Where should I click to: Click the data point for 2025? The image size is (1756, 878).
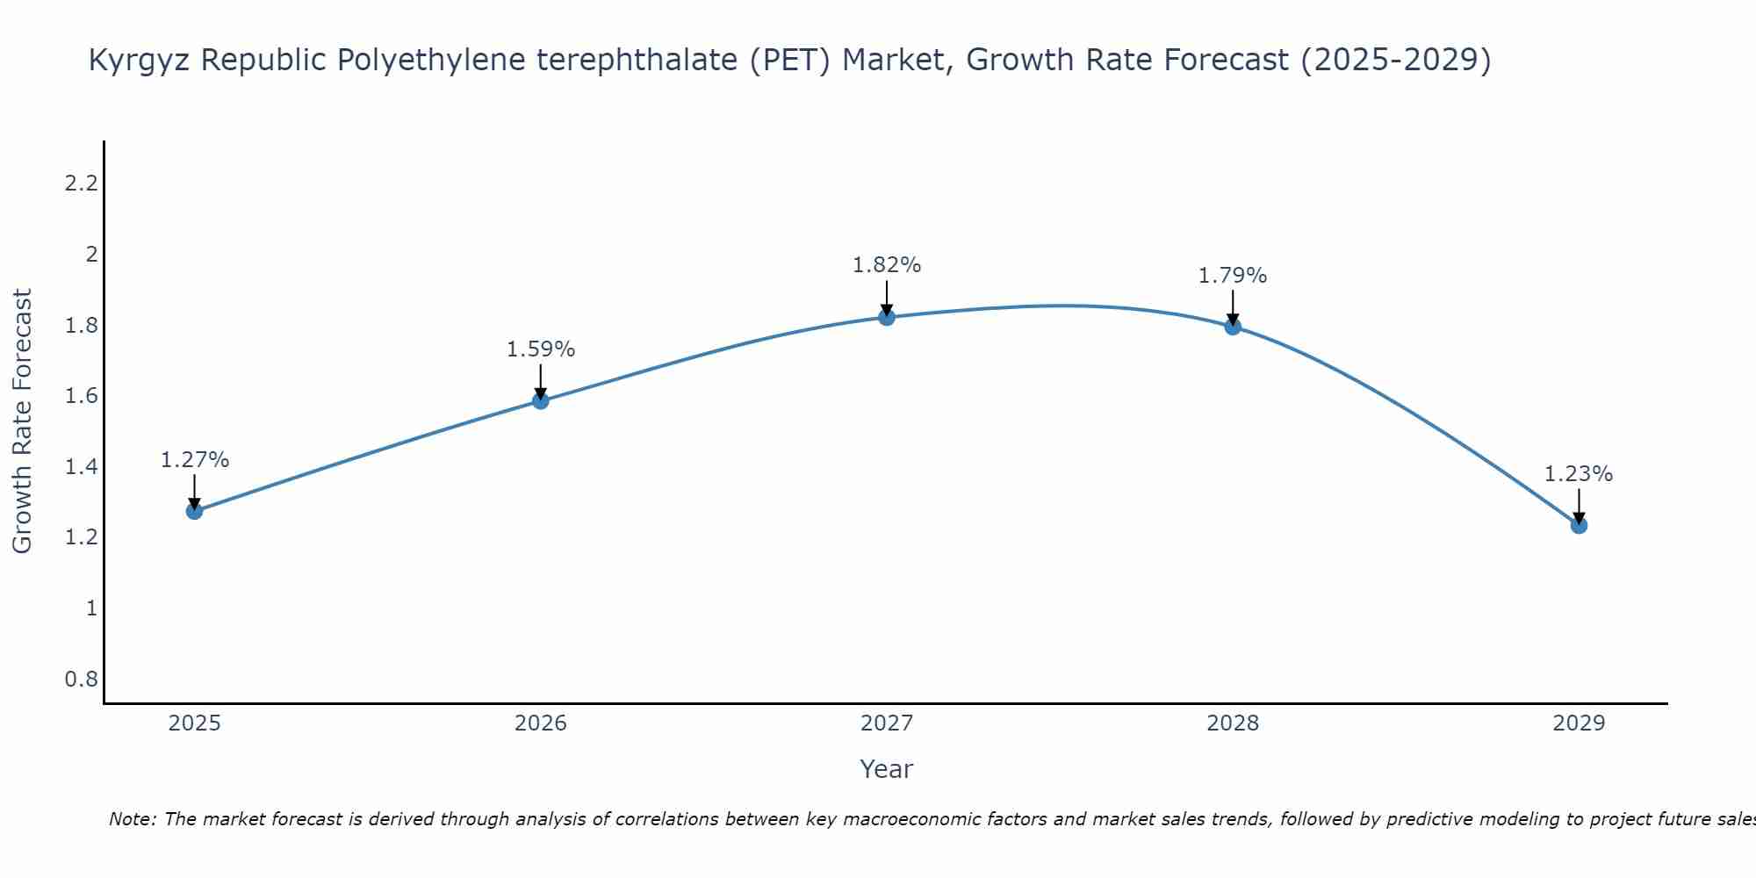194,511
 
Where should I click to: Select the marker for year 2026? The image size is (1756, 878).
541,401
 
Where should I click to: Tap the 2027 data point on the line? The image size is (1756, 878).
887,317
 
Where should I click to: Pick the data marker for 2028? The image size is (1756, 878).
1233,327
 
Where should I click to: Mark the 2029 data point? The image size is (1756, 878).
1579,525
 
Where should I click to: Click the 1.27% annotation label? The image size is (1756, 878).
195,460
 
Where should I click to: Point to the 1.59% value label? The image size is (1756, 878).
541,349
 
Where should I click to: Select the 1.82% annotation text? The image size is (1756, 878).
887,265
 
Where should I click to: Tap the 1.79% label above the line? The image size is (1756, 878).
1233,276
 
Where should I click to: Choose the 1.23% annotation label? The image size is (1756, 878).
1579,474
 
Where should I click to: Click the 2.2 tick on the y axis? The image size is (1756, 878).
81,184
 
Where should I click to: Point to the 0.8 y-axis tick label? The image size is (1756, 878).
81,680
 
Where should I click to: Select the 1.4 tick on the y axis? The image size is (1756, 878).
81,467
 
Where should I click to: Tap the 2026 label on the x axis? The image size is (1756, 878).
541,723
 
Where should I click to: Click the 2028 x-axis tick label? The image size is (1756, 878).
1233,723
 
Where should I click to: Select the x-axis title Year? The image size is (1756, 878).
887,769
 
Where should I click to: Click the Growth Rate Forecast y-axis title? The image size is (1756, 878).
22,421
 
